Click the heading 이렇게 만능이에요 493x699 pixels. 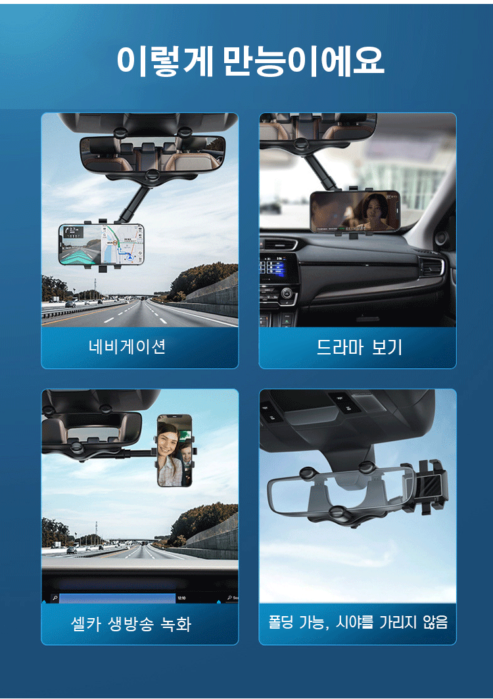(x=250, y=60)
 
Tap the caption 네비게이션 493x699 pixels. (x=128, y=347)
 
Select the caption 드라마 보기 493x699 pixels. (x=360, y=347)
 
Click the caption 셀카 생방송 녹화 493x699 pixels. (x=131, y=623)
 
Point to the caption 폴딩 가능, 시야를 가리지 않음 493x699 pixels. (x=358, y=622)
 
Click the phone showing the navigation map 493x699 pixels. (x=102, y=245)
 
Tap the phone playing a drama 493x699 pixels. (x=355, y=212)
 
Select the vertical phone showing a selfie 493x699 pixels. (x=175, y=450)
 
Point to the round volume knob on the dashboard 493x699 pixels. (x=287, y=293)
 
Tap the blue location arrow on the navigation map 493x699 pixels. (x=129, y=256)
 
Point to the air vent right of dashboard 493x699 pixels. (x=431, y=268)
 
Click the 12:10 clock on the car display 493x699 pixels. (x=181, y=598)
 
